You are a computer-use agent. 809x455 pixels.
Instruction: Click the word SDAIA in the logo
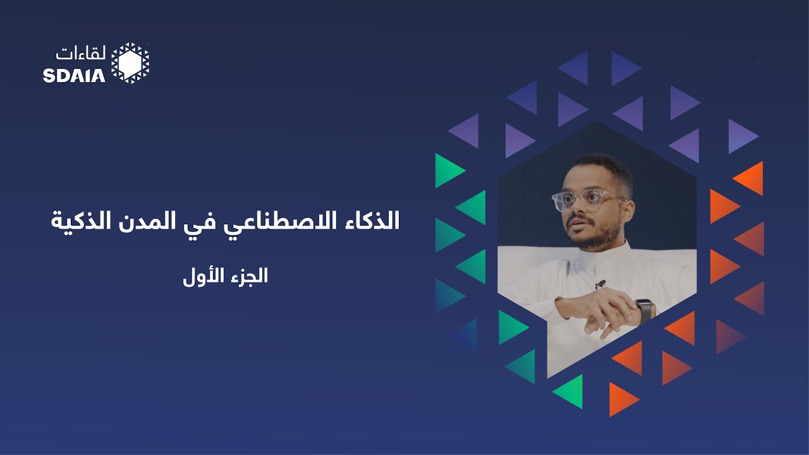[x=74, y=75]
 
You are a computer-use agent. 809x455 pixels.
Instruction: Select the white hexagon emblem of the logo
[x=130, y=63]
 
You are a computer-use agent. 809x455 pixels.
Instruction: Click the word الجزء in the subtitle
[x=248, y=277]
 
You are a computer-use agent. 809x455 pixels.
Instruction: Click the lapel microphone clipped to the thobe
[x=600, y=284]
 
